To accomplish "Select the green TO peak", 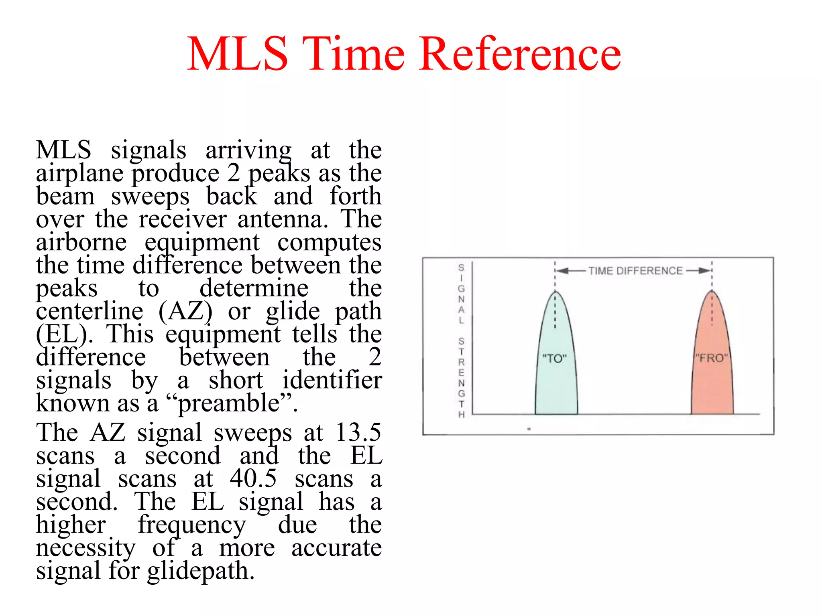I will click(x=556, y=373).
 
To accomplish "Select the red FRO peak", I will click(x=712, y=373).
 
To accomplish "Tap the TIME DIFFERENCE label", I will click(x=635, y=271).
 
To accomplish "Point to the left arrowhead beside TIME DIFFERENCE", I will click(x=562, y=271).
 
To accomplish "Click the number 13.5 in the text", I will click(x=358, y=432).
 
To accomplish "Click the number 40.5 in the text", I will click(x=253, y=478).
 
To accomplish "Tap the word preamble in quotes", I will click(x=229, y=403).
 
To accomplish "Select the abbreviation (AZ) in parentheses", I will click(x=185, y=311).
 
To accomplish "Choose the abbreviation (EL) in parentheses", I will click(x=62, y=334).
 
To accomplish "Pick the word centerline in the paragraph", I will click(x=90, y=311).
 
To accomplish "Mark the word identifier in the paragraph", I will click(x=332, y=380).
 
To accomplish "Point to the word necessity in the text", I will click(x=85, y=548).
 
